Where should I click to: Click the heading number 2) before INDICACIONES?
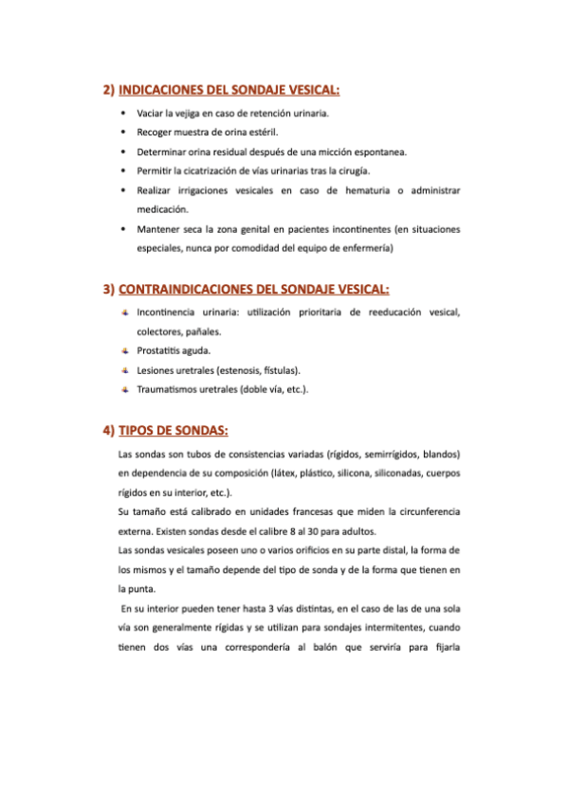click(x=108, y=91)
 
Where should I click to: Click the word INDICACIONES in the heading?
click(x=163, y=91)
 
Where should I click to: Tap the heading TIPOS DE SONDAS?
click(x=173, y=430)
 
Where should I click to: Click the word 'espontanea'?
click(x=378, y=151)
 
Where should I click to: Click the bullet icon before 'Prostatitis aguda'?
click(x=123, y=350)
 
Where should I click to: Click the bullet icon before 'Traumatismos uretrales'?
click(x=123, y=389)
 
